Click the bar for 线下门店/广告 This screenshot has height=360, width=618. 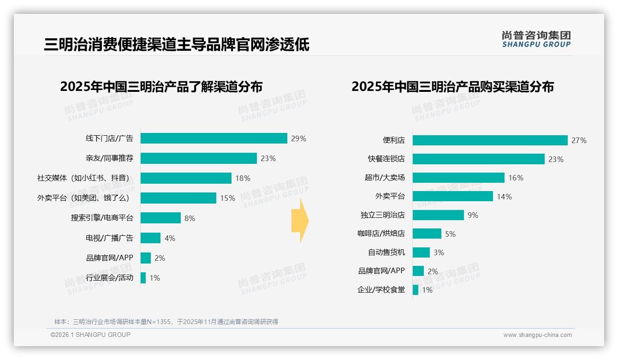(214, 138)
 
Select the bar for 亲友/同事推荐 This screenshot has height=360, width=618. (198, 158)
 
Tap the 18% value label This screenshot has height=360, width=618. (243, 178)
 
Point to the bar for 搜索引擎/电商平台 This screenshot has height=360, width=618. (160, 218)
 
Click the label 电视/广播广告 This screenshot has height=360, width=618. (109, 238)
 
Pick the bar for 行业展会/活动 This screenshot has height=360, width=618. (143, 278)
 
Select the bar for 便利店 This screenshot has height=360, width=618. (490, 140)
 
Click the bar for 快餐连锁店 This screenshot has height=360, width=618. (478, 159)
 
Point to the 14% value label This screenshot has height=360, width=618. (504, 197)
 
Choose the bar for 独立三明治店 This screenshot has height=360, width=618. (438, 215)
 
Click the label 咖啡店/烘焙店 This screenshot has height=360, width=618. (381, 234)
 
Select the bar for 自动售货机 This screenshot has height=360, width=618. (421, 252)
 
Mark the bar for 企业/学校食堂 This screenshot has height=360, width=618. (416, 290)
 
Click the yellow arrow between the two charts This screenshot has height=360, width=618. (300, 221)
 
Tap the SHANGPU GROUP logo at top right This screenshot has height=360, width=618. (536, 39)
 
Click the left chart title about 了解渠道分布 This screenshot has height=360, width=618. (161, 87)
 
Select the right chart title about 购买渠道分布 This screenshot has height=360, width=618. (452, 87)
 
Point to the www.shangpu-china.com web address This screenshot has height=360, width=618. (537, 335)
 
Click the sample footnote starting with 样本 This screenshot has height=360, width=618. (166, 322)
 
